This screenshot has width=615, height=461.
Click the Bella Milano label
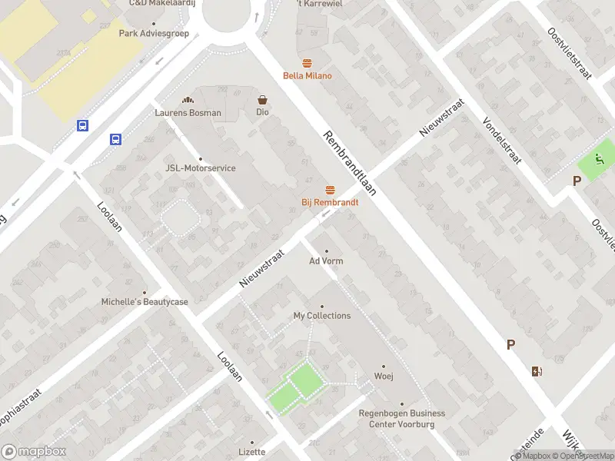tap(307, 75)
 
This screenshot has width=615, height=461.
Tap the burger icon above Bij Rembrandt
tap(331, 190)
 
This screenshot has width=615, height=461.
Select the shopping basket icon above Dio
tap(263, 100)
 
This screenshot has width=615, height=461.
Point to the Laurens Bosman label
tap(188, 113)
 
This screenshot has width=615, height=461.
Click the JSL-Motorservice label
tap(201, 168)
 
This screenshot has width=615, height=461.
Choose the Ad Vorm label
tap(326, 261)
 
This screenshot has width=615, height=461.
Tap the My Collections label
tap(322, 316)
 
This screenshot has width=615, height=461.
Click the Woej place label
tap(384, 376)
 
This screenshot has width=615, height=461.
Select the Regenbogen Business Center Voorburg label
tap(401, 419)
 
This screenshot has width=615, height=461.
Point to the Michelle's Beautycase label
tap(145, 302)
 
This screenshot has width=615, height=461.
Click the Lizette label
tap(251, 452)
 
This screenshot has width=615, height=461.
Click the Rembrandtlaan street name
tap(350, 164)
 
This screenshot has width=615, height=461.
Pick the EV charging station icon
tap(536, 372)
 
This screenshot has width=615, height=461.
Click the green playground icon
tap(598, 161)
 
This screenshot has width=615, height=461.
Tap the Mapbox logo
tap(34, 452)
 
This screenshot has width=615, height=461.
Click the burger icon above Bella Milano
tap(307, 63)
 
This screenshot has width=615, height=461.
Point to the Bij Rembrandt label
tap(330, 202)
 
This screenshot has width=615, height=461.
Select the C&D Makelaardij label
tap(162, 3)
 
